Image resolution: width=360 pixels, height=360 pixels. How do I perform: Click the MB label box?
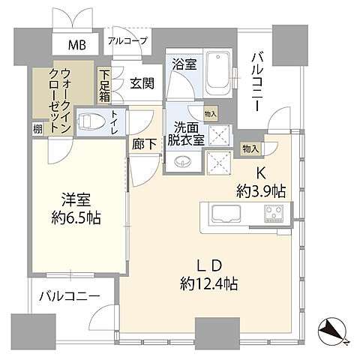coord(78,45)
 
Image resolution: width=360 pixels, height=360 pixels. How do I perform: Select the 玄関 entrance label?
coord(142,84)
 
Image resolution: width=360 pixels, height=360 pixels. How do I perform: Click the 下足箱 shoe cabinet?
coord(105,87)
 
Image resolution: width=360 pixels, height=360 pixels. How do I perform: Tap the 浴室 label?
coord(185,65)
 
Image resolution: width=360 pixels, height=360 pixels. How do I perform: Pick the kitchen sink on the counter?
coord(224,214)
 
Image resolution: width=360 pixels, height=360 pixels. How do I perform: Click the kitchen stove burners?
coord(273,214)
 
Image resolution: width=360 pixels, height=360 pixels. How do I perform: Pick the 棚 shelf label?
coord(37,128)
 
